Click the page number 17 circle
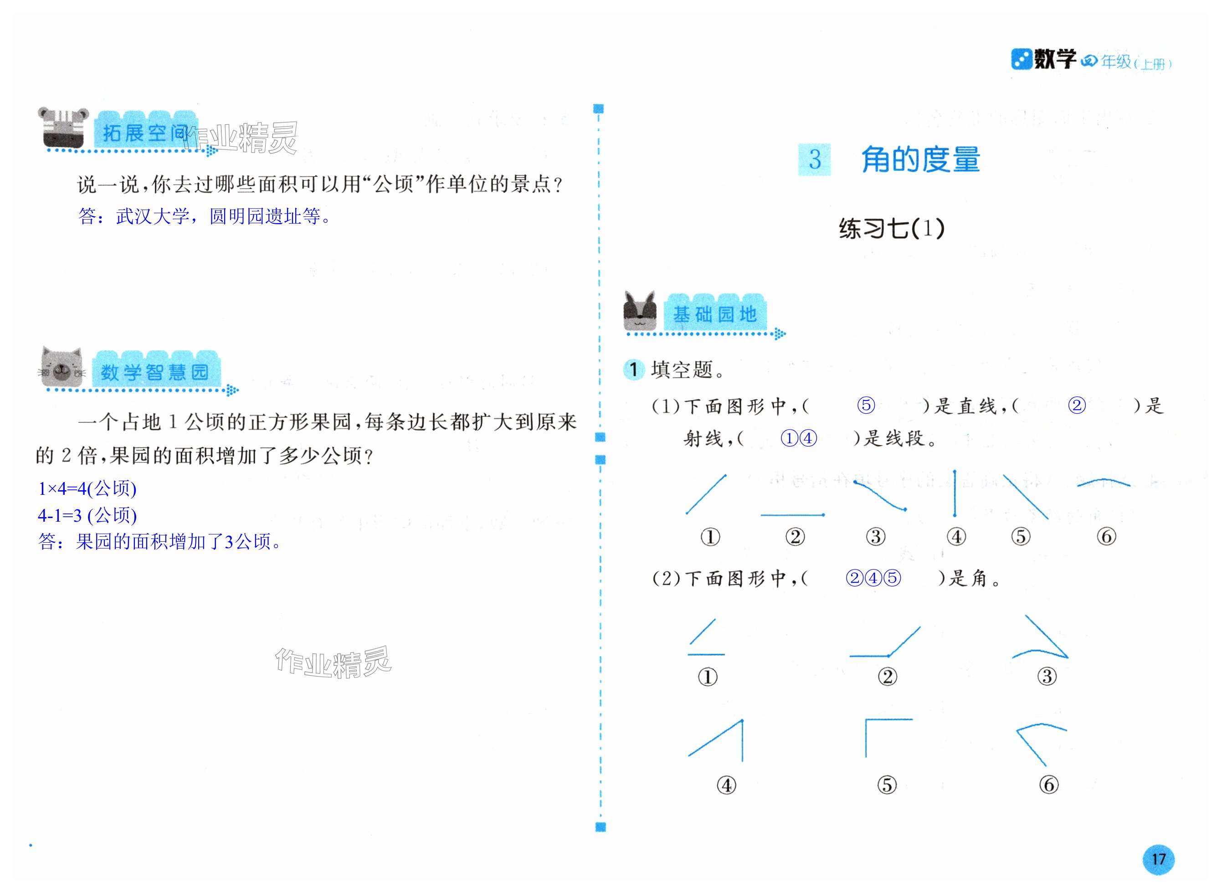1158,859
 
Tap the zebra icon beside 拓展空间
64,128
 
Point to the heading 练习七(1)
892,229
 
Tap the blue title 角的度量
920,159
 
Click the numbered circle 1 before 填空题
633,370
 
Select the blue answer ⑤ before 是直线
866,405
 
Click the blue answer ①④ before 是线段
799,438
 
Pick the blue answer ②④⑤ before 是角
873,578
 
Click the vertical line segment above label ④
955,493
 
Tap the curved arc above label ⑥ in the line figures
1103,482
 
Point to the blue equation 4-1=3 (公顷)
87,515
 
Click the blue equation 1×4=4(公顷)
87,489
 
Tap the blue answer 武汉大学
153,217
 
